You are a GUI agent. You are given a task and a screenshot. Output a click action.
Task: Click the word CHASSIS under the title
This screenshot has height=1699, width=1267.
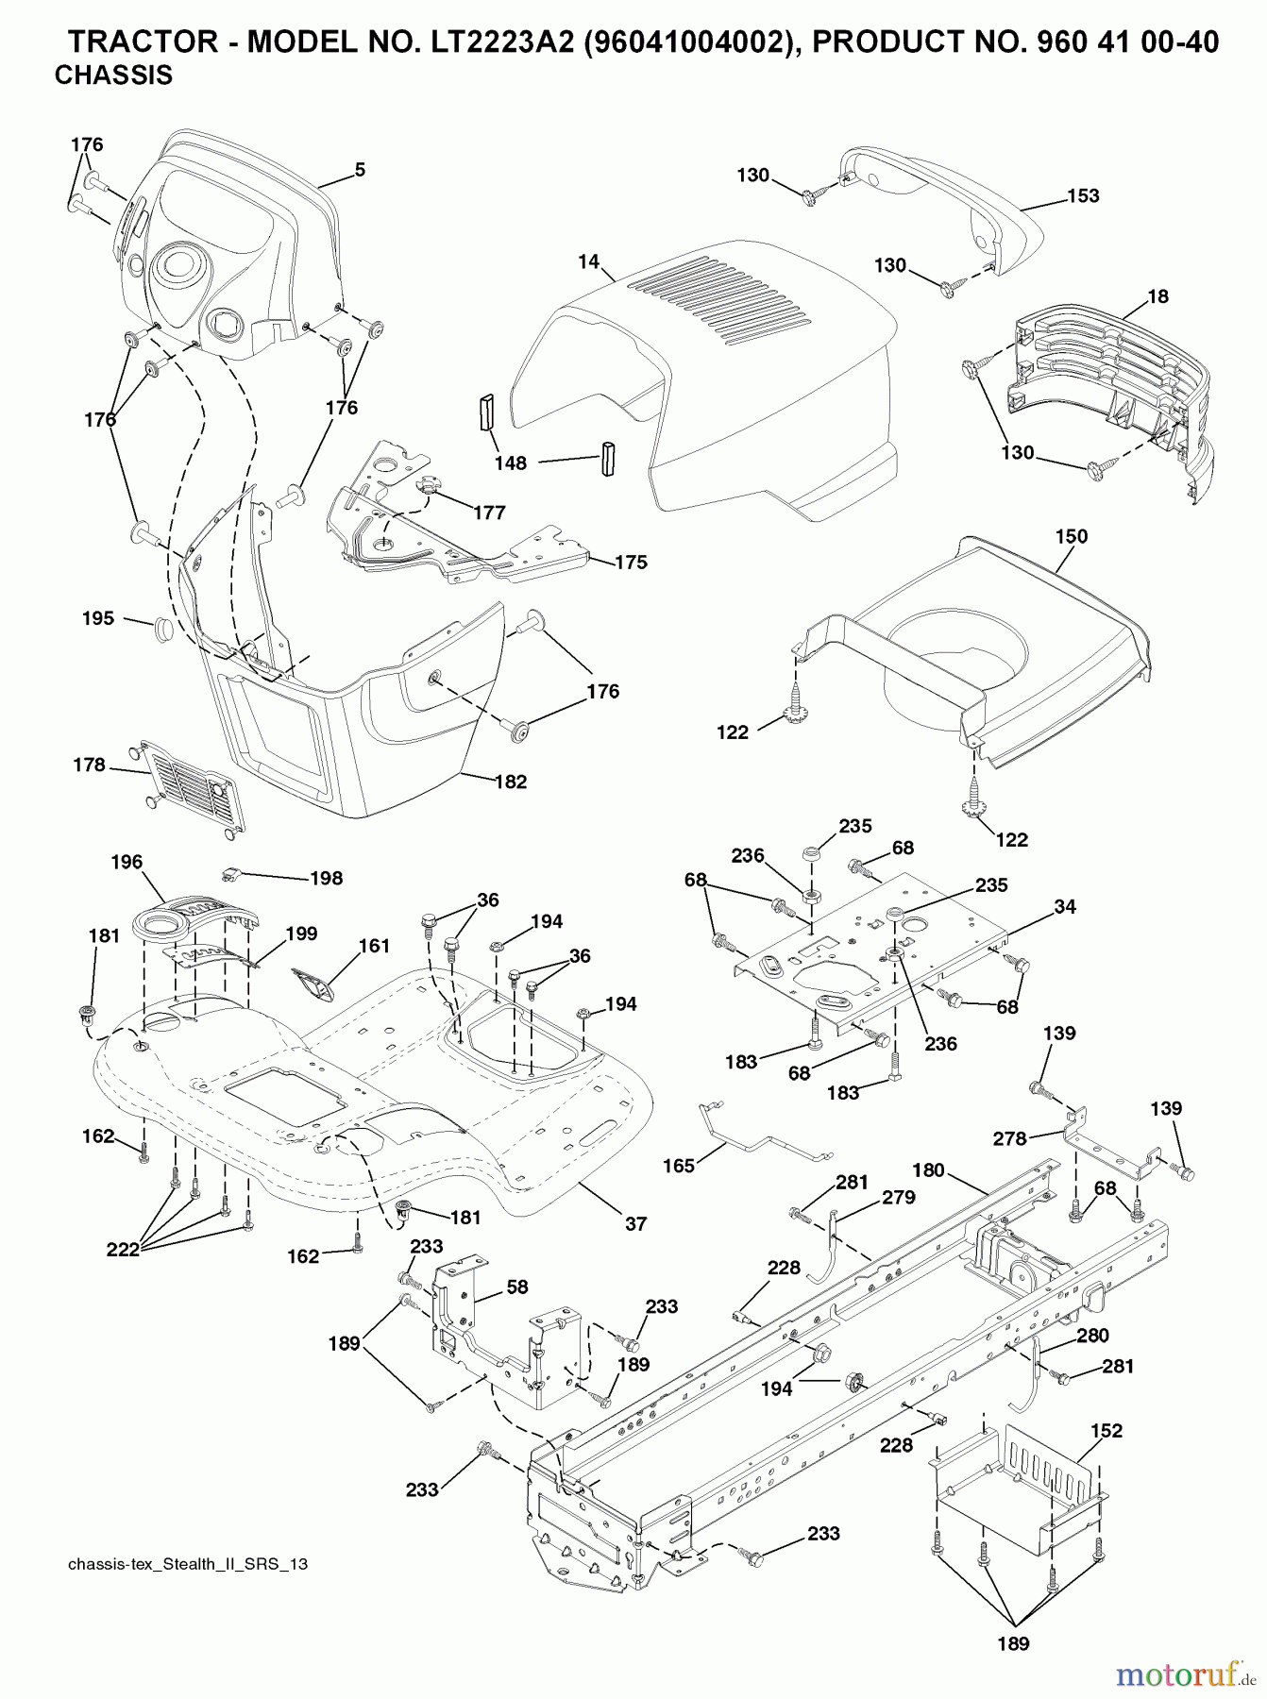(113, 76)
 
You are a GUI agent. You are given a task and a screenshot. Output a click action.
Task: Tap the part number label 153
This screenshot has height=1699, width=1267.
(1083, 195)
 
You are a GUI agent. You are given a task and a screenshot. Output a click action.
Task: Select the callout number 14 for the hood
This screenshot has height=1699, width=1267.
(589, 261)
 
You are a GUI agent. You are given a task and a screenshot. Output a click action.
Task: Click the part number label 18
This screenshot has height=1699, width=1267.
(1157, 296)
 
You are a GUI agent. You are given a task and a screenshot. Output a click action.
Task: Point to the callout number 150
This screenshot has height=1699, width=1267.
(1071, 536)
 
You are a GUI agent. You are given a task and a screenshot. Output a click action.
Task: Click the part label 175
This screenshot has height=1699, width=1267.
(631, 563)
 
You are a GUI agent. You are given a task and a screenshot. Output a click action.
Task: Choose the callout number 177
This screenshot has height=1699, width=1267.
(489, 513)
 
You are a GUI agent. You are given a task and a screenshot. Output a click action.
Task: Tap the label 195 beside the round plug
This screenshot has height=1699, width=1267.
(98, 618)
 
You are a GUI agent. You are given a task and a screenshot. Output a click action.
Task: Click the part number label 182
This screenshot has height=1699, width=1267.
(510, 782)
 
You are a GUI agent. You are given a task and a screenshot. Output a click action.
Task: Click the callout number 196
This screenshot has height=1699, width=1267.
(127, 861)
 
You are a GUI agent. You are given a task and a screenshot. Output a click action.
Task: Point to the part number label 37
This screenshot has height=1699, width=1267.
(635, 1223)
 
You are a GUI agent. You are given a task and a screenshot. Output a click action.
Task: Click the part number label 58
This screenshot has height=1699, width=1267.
(516, 1287)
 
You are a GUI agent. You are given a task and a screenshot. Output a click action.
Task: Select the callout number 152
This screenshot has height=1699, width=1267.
(1107, 1431)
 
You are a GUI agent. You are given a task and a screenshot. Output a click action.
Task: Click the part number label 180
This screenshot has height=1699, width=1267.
(928, 1170)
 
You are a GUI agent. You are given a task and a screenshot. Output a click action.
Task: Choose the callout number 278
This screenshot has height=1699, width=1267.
(1009, 1138)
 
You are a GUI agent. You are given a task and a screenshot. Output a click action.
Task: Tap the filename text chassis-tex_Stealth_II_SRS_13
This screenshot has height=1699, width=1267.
(188, 1564)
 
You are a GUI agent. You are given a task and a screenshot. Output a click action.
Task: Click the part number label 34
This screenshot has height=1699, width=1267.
(1065, 906)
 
